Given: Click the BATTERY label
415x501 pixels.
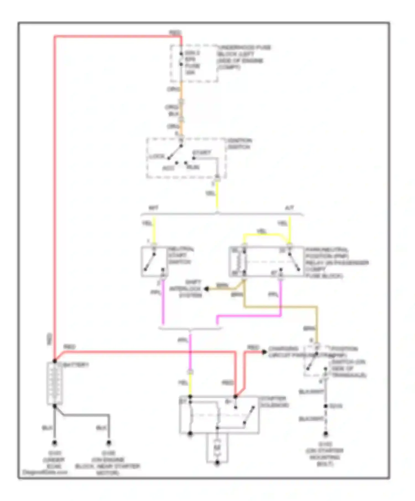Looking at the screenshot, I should point(76,365).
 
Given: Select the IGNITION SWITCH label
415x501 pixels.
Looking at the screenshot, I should point(239,144).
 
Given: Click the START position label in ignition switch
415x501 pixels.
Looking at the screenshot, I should point(202,152).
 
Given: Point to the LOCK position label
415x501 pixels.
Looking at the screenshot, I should point(157,157).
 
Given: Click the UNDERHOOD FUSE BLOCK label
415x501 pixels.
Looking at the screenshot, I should point(243,57).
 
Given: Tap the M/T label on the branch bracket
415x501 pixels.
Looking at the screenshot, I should point(154,208).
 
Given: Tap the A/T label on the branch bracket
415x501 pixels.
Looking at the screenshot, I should point(289,208).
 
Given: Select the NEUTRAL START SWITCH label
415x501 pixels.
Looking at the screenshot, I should point(181,255).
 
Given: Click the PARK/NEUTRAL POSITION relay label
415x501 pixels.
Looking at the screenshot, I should point(336,262).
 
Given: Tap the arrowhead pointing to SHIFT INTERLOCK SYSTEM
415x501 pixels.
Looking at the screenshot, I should point(206,289).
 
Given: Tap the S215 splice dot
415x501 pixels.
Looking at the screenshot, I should point(326,406).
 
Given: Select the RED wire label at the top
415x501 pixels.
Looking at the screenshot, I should point(175,33).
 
